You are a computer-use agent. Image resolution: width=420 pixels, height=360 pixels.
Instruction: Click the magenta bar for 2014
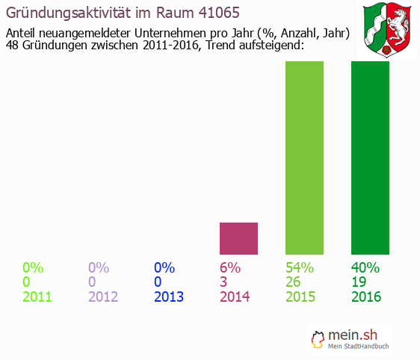tap(238, 238)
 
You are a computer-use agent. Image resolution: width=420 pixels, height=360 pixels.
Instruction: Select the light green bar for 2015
tap(304, 158)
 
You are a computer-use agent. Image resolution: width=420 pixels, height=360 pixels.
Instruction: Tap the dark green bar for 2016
tap(370, 158)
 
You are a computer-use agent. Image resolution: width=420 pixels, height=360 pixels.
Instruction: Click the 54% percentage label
tap(300, 267)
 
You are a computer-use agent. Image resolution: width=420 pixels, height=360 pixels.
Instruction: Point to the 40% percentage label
tap(365, 267)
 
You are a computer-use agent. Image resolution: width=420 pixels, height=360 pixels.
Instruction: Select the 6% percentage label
tap(229, 267)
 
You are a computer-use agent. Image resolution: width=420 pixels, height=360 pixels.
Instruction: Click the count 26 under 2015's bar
tap(294, 282)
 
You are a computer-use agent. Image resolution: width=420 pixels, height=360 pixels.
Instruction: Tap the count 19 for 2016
tap(359, 282)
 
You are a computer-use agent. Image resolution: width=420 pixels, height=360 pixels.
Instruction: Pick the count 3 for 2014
tap(223, 282)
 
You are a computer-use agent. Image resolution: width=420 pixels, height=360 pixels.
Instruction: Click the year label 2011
tap(37, 297)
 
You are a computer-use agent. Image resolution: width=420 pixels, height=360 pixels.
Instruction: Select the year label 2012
tap(103, 297)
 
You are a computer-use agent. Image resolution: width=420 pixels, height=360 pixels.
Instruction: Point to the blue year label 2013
tap(169, 297)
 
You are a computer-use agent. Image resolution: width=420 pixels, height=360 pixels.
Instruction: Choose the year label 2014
tap(235, 297)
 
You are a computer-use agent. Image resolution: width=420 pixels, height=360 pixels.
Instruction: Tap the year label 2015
tap(300, 297)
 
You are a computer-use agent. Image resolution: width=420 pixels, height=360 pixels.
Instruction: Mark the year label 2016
tap(366, 297)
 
